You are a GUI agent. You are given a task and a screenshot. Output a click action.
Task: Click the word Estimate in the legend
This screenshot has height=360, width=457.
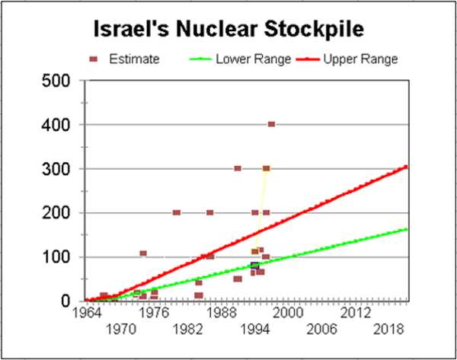pyautogui.click(x=133, y=59)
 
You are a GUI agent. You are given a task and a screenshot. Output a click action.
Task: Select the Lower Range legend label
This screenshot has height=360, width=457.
pyautogui.click(x=248, y=59)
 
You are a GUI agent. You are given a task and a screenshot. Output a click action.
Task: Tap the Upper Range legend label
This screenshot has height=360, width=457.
pyautogui.click(x=361, y=59)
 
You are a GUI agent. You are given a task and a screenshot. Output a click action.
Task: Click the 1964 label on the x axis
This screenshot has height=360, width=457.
pyautogui.click(x=85, y=311)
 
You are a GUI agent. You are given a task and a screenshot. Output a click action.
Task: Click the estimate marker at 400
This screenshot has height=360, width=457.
pyautogui.click(x=271, y=124)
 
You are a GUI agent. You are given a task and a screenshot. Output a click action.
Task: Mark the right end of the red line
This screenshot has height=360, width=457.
pyautogui.click(x=407, y=166)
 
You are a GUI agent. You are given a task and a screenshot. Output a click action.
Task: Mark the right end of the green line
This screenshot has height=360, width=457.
pyautogui.click(x=407, y=229)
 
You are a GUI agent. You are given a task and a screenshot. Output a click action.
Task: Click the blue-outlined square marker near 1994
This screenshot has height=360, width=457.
pyautogui.click(x=254, y=266)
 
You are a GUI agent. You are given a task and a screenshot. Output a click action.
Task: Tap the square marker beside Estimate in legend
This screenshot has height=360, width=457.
pyautogui.click(x=94, y=59)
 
